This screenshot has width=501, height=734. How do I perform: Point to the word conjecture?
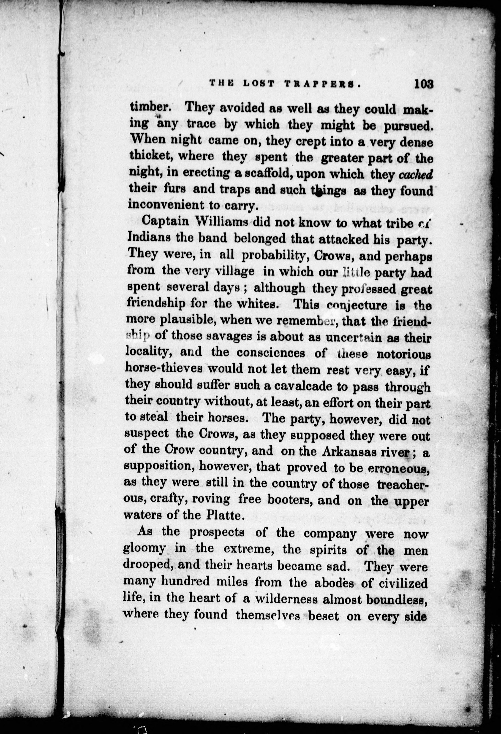[357, 305]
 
